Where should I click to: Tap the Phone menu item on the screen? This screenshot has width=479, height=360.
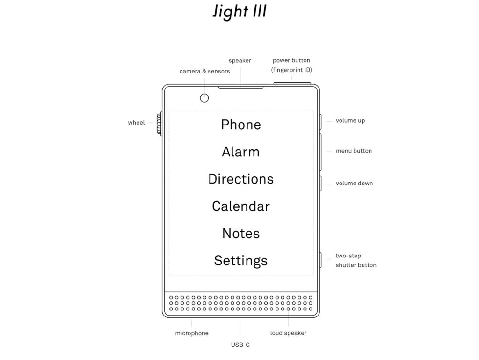(x=241, y=125)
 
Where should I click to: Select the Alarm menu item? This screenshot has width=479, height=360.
(x=241, y=152)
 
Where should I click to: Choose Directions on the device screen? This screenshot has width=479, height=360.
(x=241, y=179)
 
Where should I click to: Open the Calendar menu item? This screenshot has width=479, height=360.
(x=241, y=206)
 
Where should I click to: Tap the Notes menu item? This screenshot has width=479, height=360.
(x=241, y=233)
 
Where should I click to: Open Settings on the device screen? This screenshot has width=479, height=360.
(x=241, y=260)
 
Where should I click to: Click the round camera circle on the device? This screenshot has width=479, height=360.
(x=204, y=97)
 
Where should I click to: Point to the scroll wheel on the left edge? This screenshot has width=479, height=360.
(x=160, y=123)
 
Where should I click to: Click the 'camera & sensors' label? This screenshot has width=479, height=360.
(x=204, y=71)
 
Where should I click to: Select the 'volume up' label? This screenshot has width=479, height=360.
(x=350, y=120)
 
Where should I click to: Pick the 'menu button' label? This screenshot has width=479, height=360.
(x=354, y=151)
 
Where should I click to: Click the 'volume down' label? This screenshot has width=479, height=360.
(x=354, y=183)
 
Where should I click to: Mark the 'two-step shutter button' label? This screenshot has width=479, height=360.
(x=356, y=260)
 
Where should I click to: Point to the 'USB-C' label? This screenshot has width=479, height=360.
(x=240, y=345)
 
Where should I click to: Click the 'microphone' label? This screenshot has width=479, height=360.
(x=192, y=333)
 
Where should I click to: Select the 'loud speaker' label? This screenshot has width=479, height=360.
(x=288, y=333)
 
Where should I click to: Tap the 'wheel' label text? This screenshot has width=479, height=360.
(x=136, y=123)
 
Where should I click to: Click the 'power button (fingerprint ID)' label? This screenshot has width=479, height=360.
(x=291, y=65)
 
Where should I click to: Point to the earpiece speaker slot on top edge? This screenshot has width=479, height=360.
(x=241, y=87)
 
